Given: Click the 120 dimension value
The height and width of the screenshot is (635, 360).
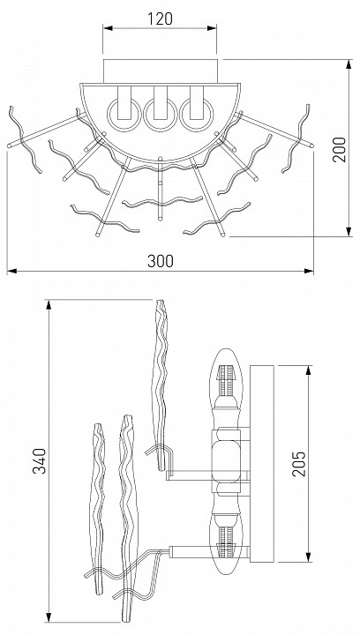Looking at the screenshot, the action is (160, 19).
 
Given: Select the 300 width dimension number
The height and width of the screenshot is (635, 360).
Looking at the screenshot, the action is (161, 261).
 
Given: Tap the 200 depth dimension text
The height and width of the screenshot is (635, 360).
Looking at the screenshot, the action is (340, 149).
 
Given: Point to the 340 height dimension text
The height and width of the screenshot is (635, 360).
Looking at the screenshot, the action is (40, 461).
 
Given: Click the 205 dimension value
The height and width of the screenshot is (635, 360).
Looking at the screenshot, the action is (299, 463).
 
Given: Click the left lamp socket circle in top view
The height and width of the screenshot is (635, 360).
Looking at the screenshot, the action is (124, 115).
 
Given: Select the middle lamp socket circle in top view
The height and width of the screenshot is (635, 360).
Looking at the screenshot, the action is (161, 115).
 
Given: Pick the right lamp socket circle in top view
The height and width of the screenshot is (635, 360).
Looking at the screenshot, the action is (197, 115).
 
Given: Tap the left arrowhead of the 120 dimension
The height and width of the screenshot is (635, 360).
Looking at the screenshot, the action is (108, 28).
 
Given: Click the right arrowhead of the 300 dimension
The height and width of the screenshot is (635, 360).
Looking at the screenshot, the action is (309, 271).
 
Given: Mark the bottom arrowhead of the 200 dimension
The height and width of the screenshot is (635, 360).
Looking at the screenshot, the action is (349, 232).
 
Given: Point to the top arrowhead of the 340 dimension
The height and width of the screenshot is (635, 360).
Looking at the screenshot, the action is (49, 305).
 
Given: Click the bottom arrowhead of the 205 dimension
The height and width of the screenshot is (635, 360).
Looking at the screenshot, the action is (309, 557).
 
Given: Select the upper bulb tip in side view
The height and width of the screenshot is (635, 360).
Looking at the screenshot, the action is (227, 350).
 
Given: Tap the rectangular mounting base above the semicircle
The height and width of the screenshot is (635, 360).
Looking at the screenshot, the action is (161, 71).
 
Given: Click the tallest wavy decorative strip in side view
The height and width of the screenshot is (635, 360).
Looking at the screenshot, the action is (161, 385).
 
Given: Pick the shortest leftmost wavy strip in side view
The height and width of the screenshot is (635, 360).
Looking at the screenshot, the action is (98, 508).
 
